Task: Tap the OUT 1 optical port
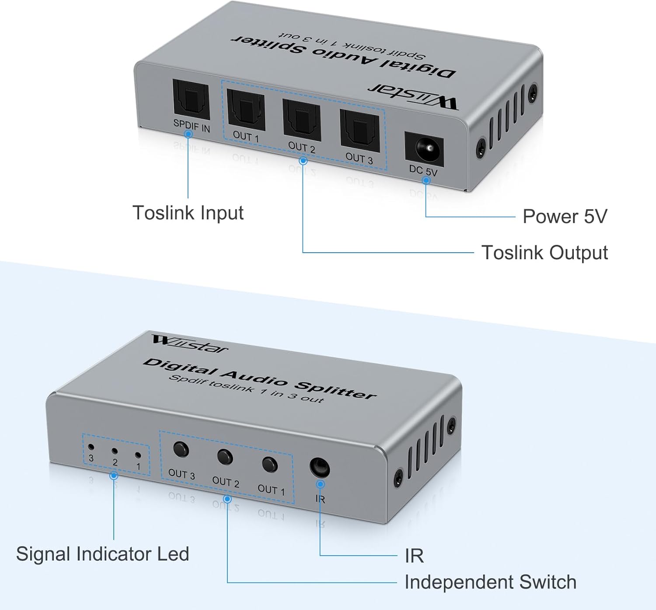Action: coord(246,110)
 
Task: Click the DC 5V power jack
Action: coord(424,149)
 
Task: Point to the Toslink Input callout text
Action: coord(188,213)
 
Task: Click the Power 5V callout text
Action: coord(565,217)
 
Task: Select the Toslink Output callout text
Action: coord(544,253)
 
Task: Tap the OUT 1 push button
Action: coord(269,465)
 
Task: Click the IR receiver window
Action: coord(319,467)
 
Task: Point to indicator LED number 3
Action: coord(91,448)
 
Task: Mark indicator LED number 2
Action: coord(115,451)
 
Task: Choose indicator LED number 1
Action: coord(138,455)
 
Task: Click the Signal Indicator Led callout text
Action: coord(102,554)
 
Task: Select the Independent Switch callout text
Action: coord(490,582)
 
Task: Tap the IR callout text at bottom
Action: coord(414,556)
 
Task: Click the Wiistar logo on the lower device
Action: coord(190,344)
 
